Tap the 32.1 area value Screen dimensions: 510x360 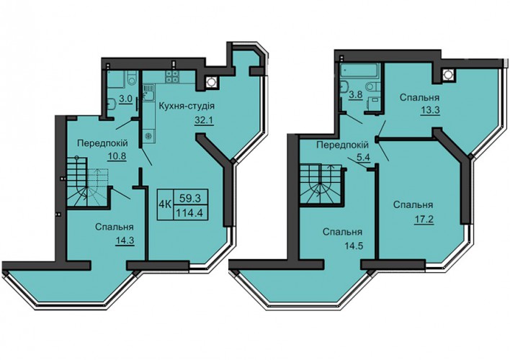point(203,120)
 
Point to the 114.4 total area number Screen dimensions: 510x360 point(189,212)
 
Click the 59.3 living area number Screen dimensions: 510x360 point(189,197)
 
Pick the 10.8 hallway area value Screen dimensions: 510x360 point(117,156)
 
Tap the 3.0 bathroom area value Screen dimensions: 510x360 point(125,99)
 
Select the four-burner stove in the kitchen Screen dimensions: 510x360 point(172,76)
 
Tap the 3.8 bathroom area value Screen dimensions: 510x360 point(356,96)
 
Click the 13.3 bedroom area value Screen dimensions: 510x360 point(430,110)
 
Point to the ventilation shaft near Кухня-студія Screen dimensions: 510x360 point(211,83)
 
